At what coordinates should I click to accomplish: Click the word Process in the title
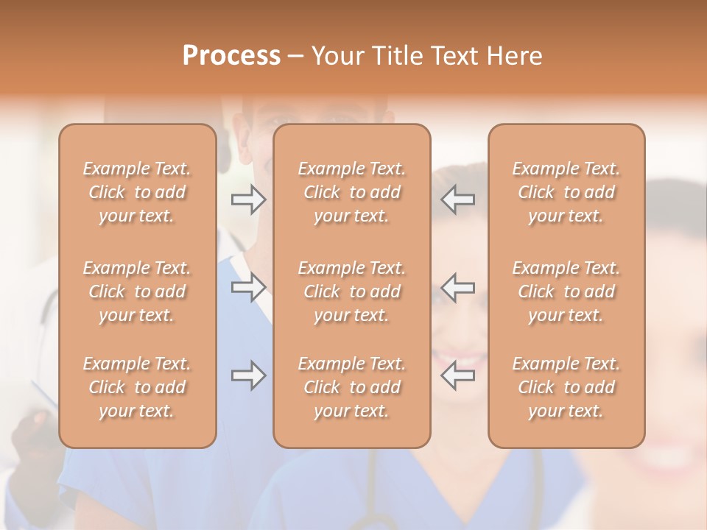click(x=231, y=56)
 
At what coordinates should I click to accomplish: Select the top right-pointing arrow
click(x=249, y=199)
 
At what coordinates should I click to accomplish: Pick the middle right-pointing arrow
click(x=249, y=287)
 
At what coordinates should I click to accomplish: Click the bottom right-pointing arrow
click(x=249, y=375)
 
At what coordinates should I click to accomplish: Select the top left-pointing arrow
click(x=458, y=199)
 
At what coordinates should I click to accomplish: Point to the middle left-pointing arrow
click(x=458, y=287)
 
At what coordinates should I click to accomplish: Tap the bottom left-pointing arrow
click(x=458, y=375)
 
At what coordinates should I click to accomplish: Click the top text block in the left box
click(x=137, y=192)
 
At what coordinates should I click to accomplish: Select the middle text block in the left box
click(x=137, y=291)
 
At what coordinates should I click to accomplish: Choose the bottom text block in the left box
click(x=137, y=387)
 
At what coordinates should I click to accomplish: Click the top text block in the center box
click(x=351, y=192)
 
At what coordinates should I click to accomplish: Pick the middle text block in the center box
click(x=351, y=291)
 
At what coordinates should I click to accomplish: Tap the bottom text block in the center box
click(x=351, y=387)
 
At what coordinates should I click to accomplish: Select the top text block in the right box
click(x=566, y=192)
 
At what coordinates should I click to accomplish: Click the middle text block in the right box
click(x=566, y=291)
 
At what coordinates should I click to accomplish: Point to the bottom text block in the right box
click(x=566, y=387)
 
